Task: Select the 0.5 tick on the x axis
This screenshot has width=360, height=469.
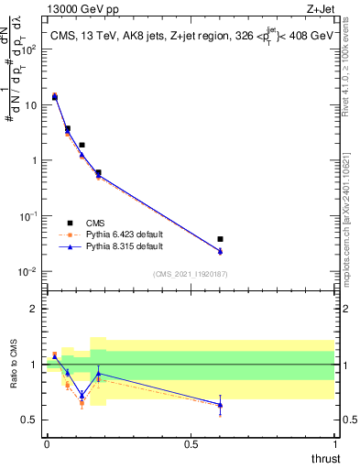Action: click(x=191, y=444)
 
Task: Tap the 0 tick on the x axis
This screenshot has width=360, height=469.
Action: click(x=47, y=444)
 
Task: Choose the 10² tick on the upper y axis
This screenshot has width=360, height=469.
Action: click(x=29, y=49)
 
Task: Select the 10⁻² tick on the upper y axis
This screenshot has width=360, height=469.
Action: click(x=29, y=271)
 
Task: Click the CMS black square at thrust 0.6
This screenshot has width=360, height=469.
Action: click(x=220, y=239)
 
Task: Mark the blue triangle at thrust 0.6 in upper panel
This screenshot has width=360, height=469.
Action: click(x=220, y=252)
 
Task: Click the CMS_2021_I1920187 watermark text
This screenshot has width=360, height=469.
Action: click(x=191, y=273)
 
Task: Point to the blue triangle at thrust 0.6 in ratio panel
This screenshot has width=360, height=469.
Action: click(x=220, y=405)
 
